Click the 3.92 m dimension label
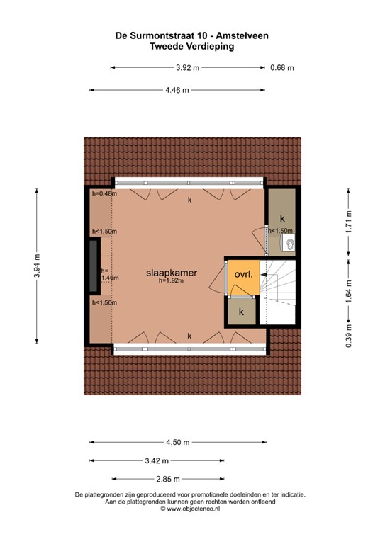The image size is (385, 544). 187,68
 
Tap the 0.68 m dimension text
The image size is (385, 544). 282,68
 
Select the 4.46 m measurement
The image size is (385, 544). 177,90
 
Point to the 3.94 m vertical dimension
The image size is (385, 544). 37,266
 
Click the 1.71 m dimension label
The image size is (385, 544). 349,222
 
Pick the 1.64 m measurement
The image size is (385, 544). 349,291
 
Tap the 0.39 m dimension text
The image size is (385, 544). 349,336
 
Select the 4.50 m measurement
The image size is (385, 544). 178,442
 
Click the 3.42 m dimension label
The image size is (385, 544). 157,460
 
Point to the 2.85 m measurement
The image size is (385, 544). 168,479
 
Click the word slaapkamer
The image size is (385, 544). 172,273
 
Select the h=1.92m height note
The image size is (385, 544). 171,281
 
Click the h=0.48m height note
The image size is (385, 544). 104,193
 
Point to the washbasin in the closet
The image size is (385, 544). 288,242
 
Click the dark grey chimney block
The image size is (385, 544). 94,266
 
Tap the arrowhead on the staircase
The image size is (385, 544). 264,274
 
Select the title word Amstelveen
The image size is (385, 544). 242,35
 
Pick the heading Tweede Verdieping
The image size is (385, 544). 192,47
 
